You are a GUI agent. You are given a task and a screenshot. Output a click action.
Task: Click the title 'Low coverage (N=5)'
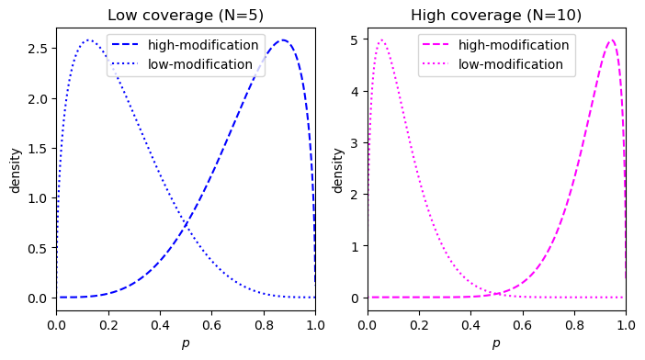click(186, 16)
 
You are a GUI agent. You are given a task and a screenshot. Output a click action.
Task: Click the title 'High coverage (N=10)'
click(496, 16)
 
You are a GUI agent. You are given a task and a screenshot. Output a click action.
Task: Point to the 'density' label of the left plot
click(16, 169)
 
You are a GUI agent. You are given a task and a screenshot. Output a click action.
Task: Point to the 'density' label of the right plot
click(337, 169)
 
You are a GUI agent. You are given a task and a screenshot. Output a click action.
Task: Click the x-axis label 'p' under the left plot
click(186, 343)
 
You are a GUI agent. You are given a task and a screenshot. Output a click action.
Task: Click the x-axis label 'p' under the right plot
click(496, 343)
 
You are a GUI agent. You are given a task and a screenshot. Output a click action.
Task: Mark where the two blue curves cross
click(186, 223)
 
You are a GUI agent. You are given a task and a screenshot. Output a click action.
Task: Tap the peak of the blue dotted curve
click(89, 40)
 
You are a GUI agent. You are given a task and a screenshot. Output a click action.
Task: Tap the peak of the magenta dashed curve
click(611, 39)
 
